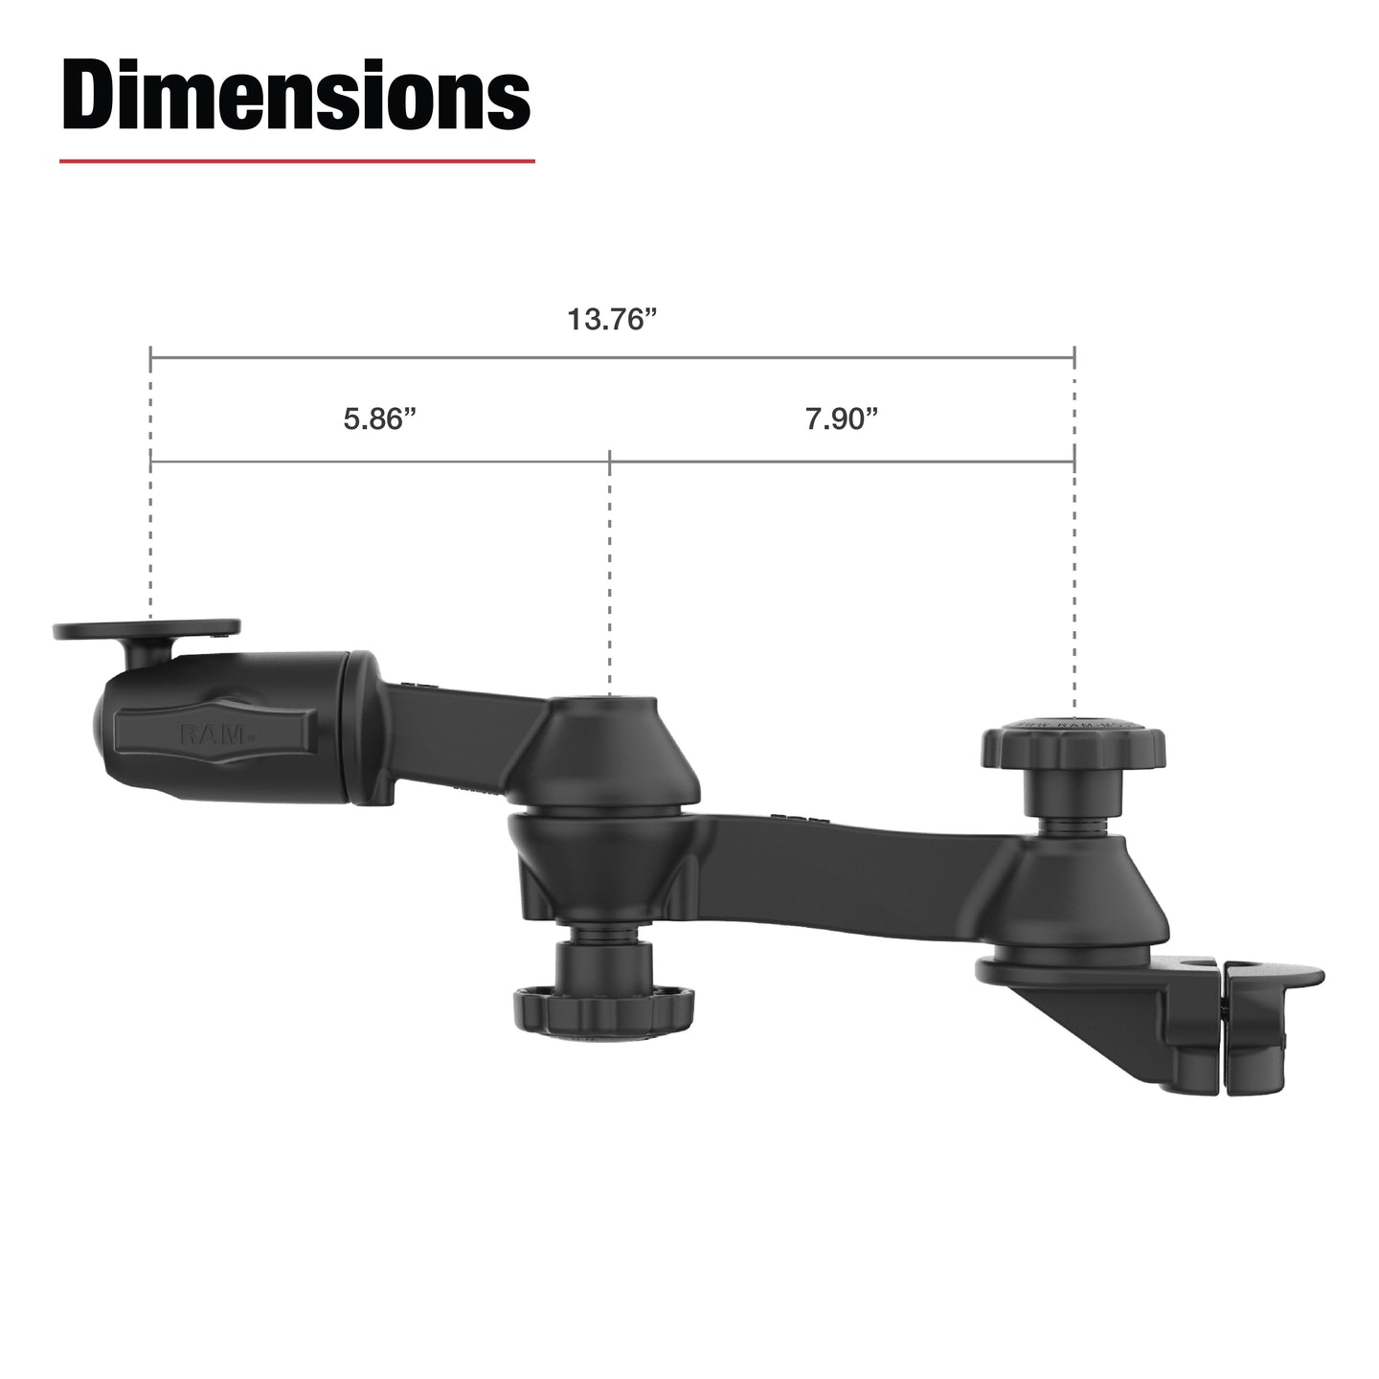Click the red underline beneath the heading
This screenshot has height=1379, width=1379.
(297, 161)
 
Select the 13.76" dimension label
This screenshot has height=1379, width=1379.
(612, 320)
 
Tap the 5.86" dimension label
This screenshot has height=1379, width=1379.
(380, 419)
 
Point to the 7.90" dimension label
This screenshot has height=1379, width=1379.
(842, 419)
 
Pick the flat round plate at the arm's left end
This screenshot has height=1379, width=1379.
(147, 630)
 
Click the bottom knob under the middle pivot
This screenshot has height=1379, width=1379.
(581, 1006)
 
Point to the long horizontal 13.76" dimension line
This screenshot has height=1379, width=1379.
(612, 357)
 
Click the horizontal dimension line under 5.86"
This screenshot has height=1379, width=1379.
(380, 462)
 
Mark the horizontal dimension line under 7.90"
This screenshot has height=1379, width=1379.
(842, 462)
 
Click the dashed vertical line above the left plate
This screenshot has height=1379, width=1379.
(150, 536)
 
